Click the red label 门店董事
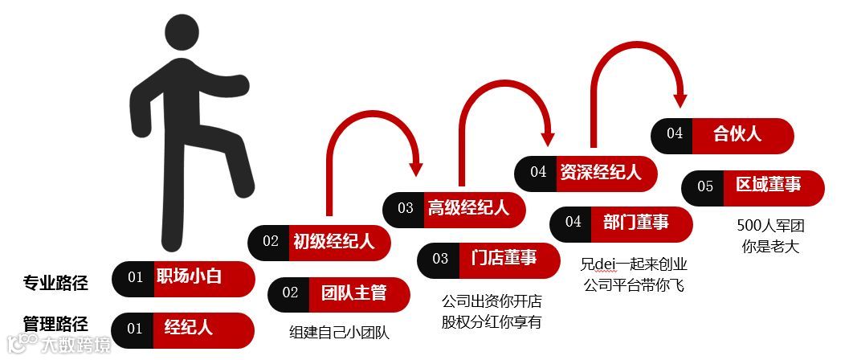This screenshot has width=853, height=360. click(x=514, y=259)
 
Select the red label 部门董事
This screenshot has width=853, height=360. click(x=642, y=223)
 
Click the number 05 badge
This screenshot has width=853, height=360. click(x=704, y=186)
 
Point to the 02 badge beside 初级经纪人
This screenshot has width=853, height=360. click(x=270, y=241)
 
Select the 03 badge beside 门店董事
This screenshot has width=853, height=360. click(x=440, y=259)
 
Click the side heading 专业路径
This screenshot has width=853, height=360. click(x=55, y=282)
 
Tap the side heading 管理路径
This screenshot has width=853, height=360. click(x=55, y=324)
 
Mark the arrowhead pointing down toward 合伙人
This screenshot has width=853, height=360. click(x=680, y=100)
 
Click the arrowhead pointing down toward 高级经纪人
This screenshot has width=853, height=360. click(x=415, y=169)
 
